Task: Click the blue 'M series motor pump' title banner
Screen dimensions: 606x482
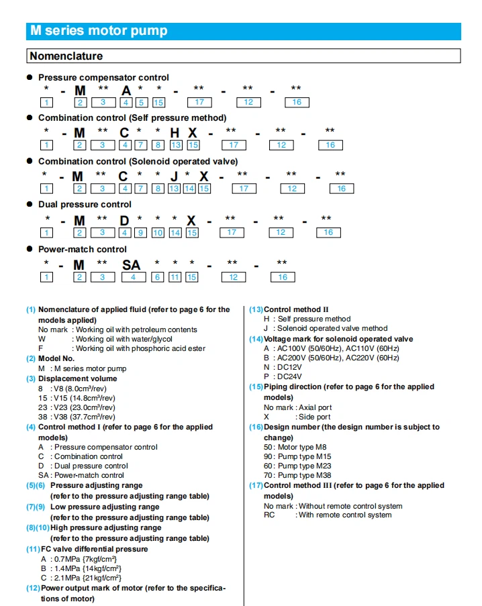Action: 244,31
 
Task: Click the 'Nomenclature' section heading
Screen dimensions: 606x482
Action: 66,56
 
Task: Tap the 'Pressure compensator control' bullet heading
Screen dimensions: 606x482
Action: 103,78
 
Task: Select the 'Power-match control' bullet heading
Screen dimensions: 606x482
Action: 83,250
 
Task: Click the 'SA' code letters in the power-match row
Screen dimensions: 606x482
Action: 132,265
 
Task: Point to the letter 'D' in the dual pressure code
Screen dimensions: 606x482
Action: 124,220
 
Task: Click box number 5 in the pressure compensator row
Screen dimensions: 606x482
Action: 142,103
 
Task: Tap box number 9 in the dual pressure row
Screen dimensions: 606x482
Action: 140,232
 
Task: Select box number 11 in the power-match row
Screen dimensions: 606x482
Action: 175,277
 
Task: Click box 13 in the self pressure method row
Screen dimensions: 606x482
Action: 176,145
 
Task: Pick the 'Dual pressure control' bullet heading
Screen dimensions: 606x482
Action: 85,205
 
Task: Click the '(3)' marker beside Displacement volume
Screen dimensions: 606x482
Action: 31,378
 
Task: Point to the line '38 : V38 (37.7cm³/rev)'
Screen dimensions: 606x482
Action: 77,417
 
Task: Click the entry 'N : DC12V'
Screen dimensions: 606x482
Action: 283,367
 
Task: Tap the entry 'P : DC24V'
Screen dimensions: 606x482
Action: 283,376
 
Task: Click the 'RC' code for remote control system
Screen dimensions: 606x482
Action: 269,515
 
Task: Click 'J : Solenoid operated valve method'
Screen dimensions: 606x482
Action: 326,328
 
